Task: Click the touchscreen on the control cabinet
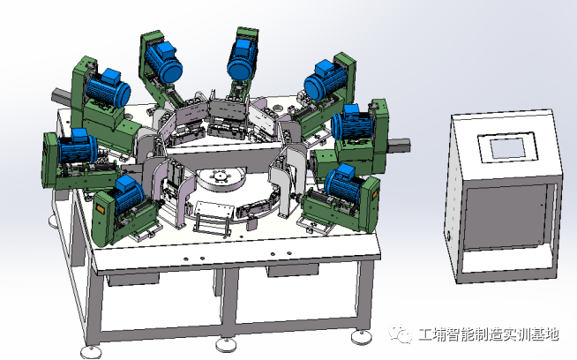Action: point(508,148)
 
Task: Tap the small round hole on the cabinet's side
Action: point(448,236)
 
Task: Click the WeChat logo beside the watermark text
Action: point(401,334)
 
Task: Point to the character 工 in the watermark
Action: point(426,334)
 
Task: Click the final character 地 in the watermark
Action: point(551,334)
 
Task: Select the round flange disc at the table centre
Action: point(220,178)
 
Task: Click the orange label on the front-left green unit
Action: point(100,209)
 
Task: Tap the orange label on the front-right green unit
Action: point(374,194)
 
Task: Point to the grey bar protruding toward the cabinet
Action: point(400,145)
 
